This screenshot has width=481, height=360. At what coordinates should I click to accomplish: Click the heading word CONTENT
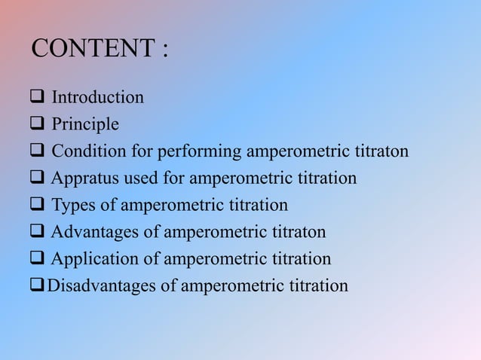(x=92, y=50)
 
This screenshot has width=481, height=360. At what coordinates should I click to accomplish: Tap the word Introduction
(x=97, y=97)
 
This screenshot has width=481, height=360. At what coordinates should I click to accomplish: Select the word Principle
(x=85, y=124)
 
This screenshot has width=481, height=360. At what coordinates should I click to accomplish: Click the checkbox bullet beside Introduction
(x=38, y=97)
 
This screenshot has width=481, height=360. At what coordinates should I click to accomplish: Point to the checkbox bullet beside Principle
(x=38, y=124)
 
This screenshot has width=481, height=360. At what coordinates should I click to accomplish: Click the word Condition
(x=90, y=151)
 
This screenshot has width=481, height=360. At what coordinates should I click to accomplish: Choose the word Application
(x=96, y=259)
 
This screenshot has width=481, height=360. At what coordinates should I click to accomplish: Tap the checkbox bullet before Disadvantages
(x=38, y=286)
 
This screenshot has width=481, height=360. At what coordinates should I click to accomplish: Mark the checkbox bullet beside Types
(x=38, y=206)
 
